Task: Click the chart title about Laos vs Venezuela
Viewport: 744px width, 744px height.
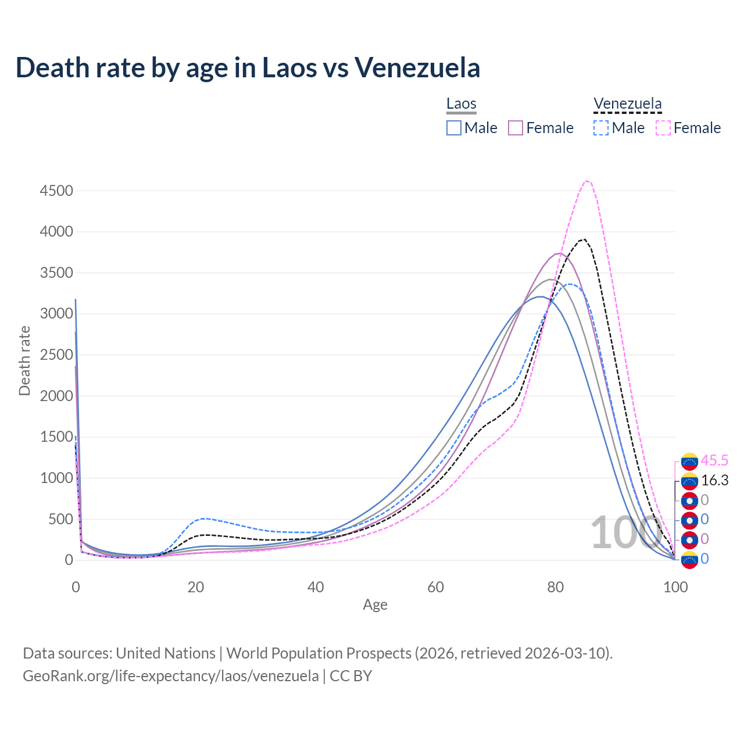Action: pos(248,67)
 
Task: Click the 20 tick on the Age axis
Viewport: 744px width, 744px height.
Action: pos(195,587)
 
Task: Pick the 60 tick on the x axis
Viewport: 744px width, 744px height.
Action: pos(435,587)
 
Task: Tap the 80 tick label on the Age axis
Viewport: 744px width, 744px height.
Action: pos(556,587)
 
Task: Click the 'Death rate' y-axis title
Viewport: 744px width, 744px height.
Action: pos(24,360)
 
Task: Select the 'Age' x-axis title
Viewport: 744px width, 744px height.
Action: pos(375,604)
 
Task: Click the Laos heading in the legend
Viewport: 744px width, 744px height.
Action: pos(462,104)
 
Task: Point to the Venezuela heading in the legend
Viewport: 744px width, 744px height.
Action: pos(627,104)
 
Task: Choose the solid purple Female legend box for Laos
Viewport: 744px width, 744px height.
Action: pos(516,128)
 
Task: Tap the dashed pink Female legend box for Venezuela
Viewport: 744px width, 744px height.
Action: pos(663,128)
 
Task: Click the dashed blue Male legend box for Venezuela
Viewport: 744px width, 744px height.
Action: pos(601,128)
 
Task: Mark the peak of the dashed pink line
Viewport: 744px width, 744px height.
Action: pos(586,181)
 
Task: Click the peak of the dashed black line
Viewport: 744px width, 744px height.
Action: pos(584,239)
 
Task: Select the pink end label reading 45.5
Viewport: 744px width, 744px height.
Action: pos(714,460)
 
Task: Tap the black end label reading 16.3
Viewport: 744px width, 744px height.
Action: pos(714,480)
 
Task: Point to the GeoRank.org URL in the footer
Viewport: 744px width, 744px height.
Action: pos(170,676)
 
